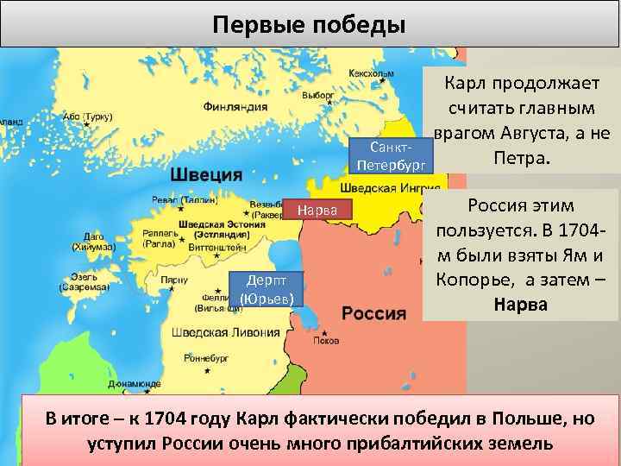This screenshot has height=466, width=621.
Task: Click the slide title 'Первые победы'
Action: click(310, 23)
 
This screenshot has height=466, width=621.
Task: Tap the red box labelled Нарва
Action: click(320, 210)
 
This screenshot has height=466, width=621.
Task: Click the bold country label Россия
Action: click(373, 312)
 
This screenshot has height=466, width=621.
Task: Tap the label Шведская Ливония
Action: click(225, 332)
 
